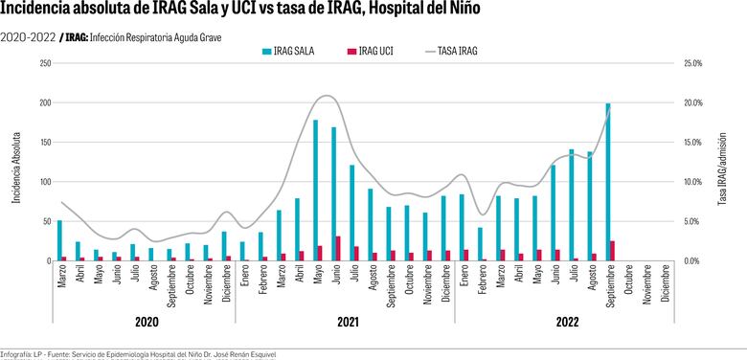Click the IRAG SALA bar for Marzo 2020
[59, 240]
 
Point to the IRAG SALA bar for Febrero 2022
[480, 244]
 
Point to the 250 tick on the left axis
[45, 63]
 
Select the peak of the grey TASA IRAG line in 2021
[327, 95]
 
